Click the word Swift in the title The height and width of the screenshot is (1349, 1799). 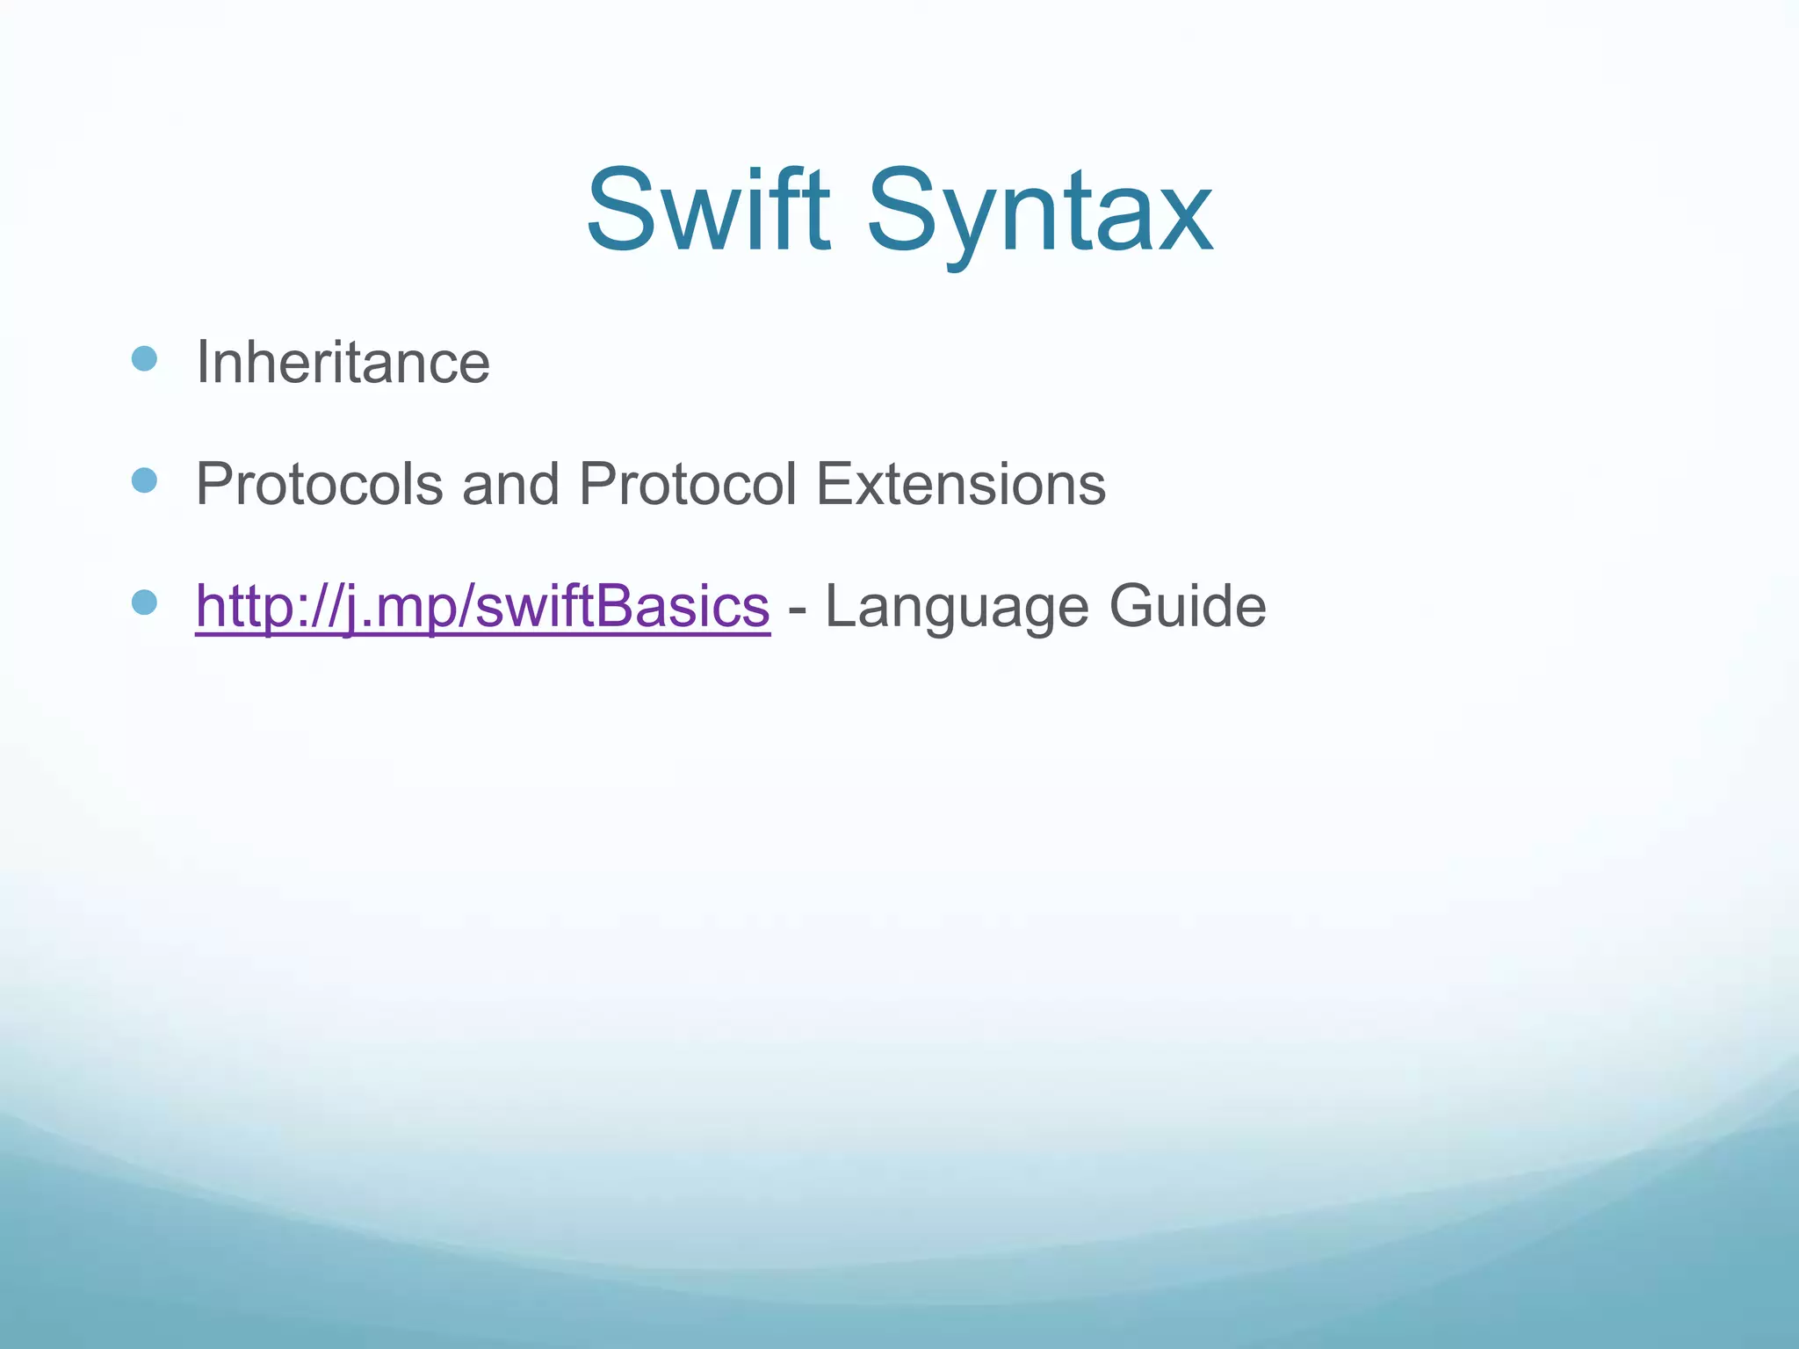click(708, 211)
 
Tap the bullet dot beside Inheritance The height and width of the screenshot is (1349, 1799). click(144, 358)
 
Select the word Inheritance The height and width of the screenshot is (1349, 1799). click(343, 362)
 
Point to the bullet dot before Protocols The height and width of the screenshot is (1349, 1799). click(144, 480)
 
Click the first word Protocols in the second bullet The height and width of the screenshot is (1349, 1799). click(319, 484)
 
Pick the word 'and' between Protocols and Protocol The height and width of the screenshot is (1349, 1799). click(510, 484)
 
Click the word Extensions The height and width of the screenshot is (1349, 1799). click(961, 484)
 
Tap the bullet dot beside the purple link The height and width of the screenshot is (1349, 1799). click(144, 602)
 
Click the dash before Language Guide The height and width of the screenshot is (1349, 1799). click(798, 608)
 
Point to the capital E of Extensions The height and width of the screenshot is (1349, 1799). click(833, 484)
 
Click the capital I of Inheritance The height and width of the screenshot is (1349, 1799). click(203, 362)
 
